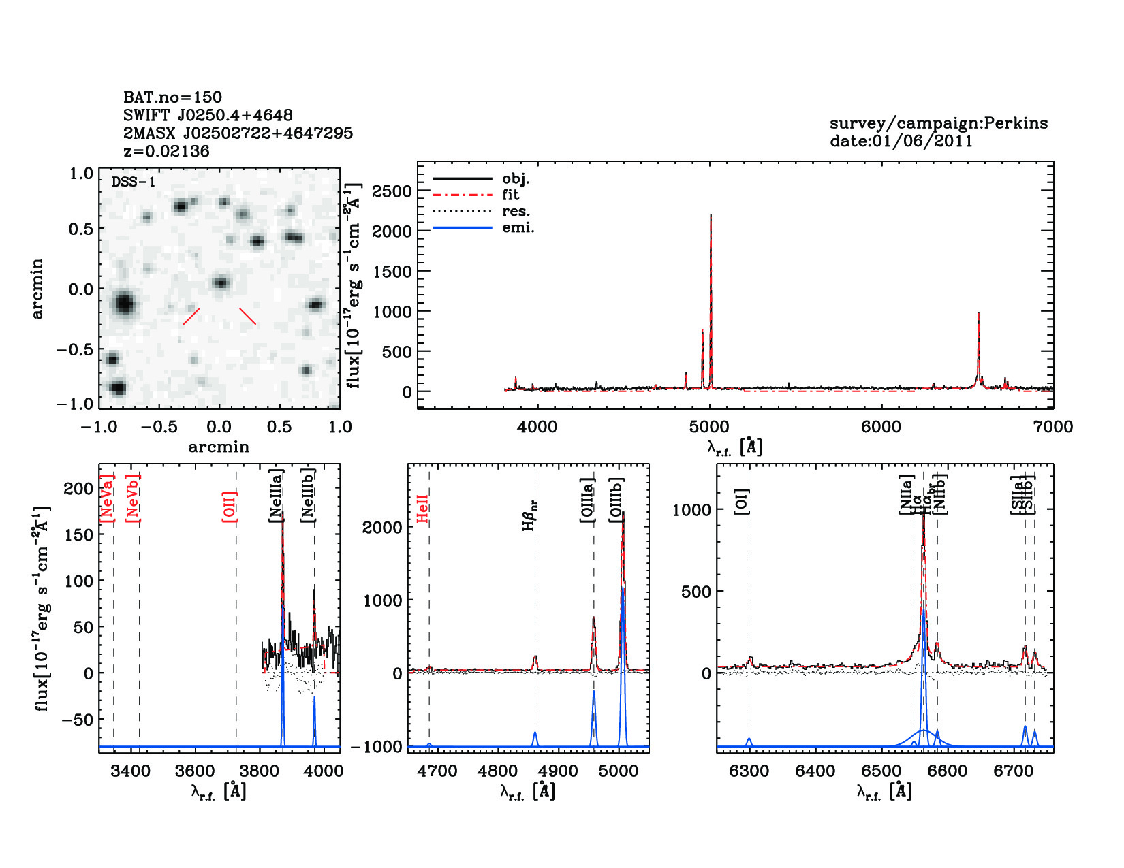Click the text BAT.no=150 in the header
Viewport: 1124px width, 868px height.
tap(172, 97)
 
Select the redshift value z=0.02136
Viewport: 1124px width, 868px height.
tap(166, 151)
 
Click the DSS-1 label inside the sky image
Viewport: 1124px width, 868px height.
tap(134, 182)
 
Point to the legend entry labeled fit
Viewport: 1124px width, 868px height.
tap(510, 195)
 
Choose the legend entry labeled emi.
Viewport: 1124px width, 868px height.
tap(518, 227)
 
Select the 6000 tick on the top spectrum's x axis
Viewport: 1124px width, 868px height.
tap(881, 427)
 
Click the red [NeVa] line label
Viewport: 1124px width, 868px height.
tap(107, 498)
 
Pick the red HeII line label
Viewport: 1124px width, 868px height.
tap(423, 509)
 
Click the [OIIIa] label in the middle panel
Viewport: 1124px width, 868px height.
tap(587, 500)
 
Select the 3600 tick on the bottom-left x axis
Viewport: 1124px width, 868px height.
tap(195, 771)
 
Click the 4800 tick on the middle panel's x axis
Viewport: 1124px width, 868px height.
tap(498, 771)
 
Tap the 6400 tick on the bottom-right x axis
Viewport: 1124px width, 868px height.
tap(815, 771)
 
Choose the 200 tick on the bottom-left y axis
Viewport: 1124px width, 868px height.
tap(78, 488)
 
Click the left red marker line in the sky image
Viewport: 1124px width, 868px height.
tap(191, 317)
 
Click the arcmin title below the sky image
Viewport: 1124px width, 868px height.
tap(219, 447)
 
